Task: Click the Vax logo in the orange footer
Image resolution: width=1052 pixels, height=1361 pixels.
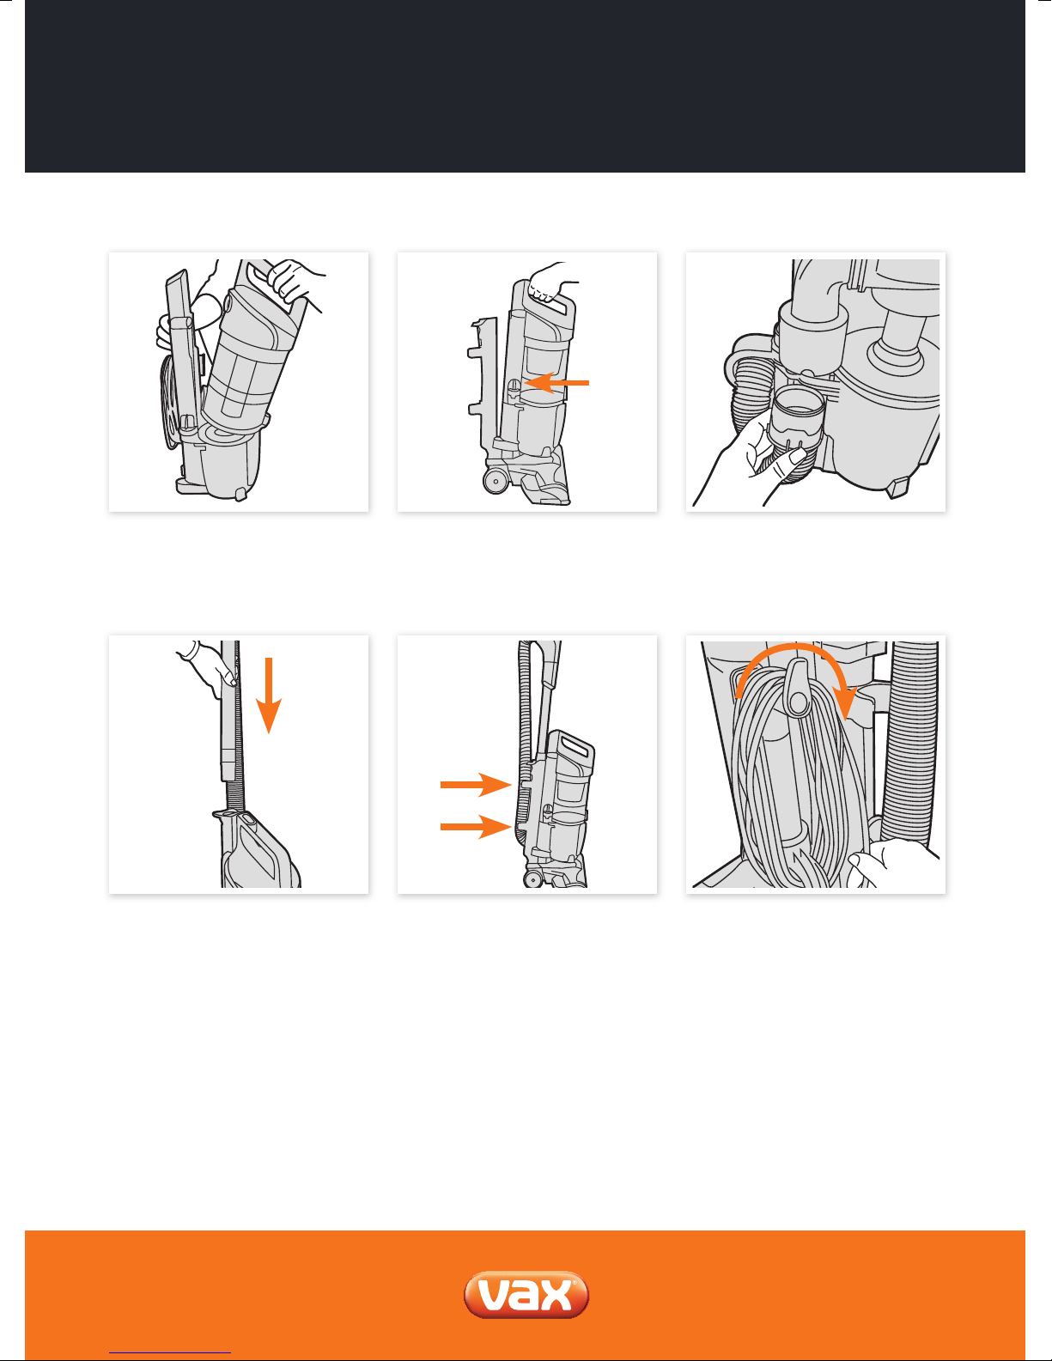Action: (526, 1295)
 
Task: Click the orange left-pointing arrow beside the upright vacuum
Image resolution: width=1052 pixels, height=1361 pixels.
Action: (556, 383)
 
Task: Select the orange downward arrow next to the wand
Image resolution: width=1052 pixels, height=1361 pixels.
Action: (269, 696)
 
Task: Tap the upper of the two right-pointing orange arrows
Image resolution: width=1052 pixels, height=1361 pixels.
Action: (476, 784)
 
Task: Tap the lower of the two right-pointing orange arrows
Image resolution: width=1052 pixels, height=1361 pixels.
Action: (476, 827)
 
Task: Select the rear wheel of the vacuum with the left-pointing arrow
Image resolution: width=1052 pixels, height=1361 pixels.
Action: (496, 480)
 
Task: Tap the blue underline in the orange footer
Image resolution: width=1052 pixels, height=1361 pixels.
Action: (170, 1353)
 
